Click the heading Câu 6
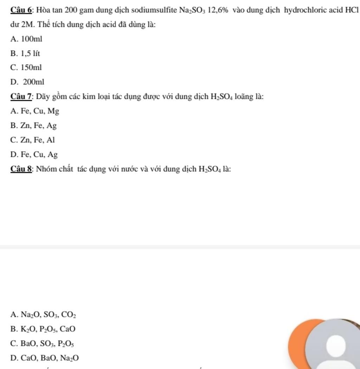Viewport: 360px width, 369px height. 22,10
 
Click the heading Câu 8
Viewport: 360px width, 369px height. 22,169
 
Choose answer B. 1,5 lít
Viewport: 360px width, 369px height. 25,53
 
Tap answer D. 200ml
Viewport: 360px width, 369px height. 28,82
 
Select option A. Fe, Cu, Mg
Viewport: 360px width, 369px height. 35,111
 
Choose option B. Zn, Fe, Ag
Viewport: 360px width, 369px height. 34,125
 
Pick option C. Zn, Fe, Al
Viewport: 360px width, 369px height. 33,140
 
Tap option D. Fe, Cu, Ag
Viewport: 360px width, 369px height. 34,155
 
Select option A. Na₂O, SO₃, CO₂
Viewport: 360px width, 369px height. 43,315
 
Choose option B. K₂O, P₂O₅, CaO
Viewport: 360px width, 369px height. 43,329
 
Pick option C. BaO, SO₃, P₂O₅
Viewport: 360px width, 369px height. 42,344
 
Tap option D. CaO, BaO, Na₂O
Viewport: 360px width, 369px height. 45,358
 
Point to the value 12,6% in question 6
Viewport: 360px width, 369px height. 218,10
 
